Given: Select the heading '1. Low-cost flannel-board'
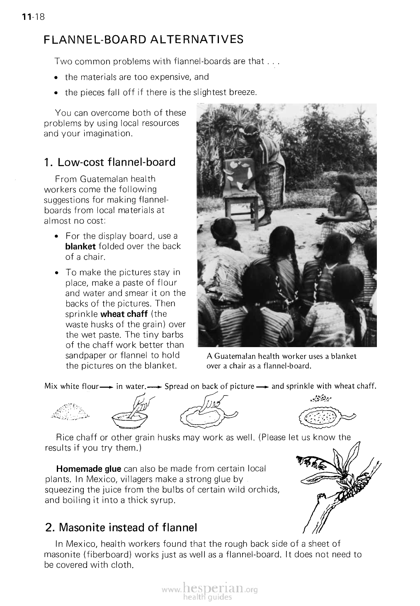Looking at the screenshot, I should click(x=110, y=162).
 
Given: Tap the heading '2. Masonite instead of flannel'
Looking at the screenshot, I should click(x=120, y=528).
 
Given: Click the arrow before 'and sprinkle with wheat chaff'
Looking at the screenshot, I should click(x=262, y=387).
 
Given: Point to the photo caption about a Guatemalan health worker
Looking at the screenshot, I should click(x=282, y=361).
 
